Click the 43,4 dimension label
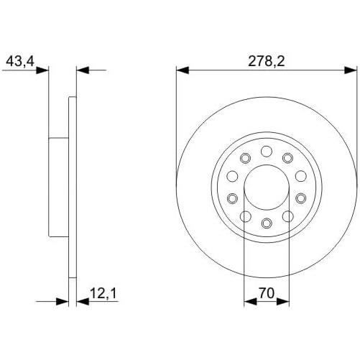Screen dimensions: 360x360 click(20, 61)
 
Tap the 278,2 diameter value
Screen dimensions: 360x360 click(267, 61)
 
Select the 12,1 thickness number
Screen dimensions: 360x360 click(103, 293)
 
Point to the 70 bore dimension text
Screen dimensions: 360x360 click(267, 293)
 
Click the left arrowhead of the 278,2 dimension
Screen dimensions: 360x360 click(183, 70)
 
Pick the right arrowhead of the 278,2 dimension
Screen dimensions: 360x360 click(351, 70)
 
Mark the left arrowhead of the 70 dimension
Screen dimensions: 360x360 click(250, 302)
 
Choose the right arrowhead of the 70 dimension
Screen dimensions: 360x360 click(283, 302)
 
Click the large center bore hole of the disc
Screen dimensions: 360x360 click(267, 188)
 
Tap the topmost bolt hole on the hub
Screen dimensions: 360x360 click(267, 151)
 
